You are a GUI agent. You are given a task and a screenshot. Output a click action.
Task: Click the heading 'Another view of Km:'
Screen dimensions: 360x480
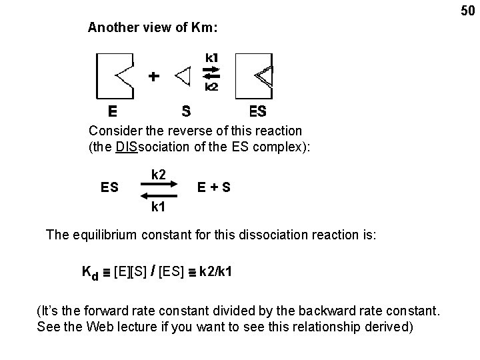coord(153,28)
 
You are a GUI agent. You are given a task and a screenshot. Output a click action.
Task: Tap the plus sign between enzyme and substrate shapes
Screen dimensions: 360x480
coord(154,76)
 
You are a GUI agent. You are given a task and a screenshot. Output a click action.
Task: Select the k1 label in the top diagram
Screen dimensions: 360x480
coord(211,57)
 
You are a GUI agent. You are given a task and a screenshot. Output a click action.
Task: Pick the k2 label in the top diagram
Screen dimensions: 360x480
coord(211,87)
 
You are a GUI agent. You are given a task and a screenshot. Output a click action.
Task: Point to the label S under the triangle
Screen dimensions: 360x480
coord(187,110)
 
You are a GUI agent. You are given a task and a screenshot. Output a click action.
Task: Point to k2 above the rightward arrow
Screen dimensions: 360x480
coord(159,175)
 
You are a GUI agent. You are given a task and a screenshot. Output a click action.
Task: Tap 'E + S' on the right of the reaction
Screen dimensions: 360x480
coord(215,188)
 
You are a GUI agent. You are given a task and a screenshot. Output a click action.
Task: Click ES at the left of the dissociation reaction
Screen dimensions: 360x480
coord(111,188)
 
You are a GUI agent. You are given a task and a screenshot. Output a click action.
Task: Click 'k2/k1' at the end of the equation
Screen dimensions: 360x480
coord(216,272)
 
